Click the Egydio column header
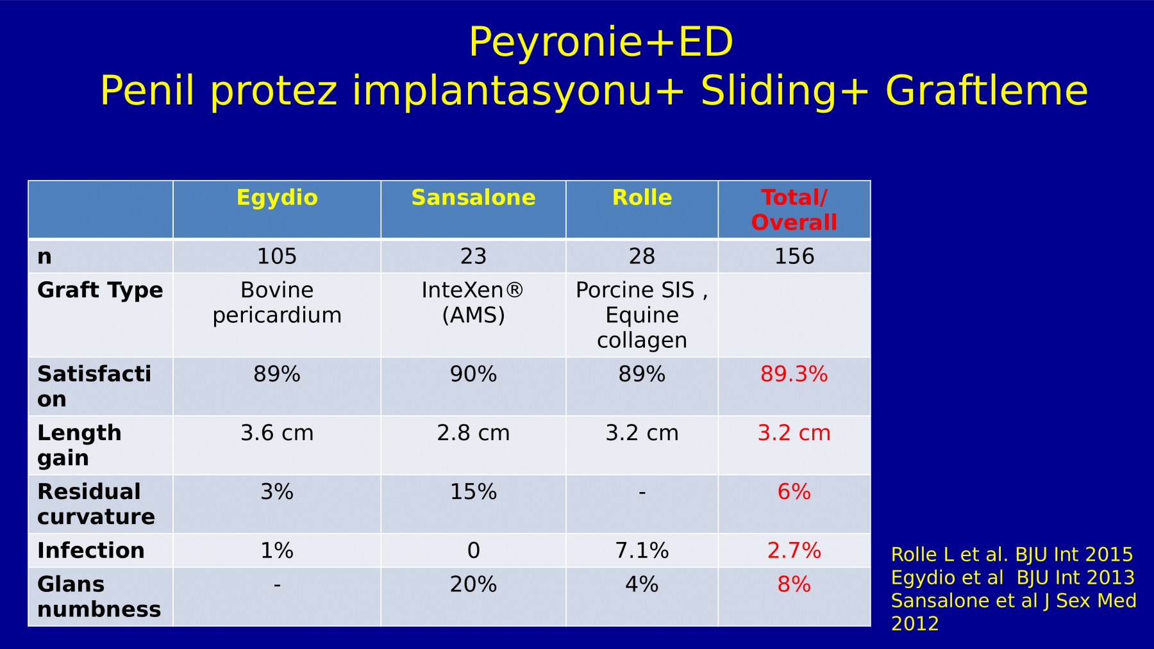click(277, 197)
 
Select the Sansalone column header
click(473, 197)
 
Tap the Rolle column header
click(642, 197)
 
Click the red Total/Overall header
click(794, 209)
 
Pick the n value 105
click(277, 256)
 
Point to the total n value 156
click(794, 256)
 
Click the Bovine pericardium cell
click(277, 302)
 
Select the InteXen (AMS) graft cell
click(473, 302)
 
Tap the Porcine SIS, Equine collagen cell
click(642, 315)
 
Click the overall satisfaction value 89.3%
click(794, 374)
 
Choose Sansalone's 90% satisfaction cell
click(473, 374)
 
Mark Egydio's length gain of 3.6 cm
click(277, 432)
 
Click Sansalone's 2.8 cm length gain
click(473, 432)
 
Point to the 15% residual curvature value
click(473, 491)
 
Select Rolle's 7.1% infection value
click(642, 550)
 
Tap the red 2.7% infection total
click(794, 550)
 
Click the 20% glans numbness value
click(473, 584)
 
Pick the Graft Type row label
click(100, 290)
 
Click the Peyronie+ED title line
click(601, 42)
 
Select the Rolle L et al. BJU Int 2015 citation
click(1012, 554)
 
